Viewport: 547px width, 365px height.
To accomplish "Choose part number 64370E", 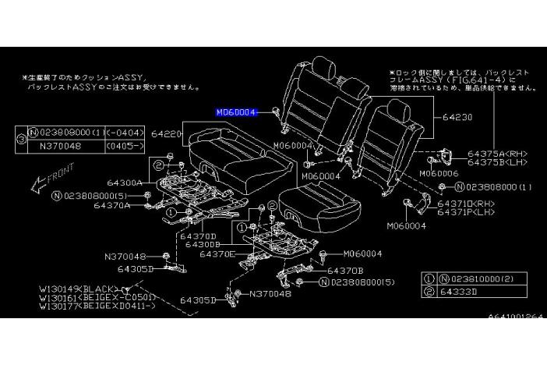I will (217, 253).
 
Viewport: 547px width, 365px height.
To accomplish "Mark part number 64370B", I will (344, 270).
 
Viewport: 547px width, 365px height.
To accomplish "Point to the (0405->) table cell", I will (116, 144).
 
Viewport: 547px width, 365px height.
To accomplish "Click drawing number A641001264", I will (517, 317).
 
